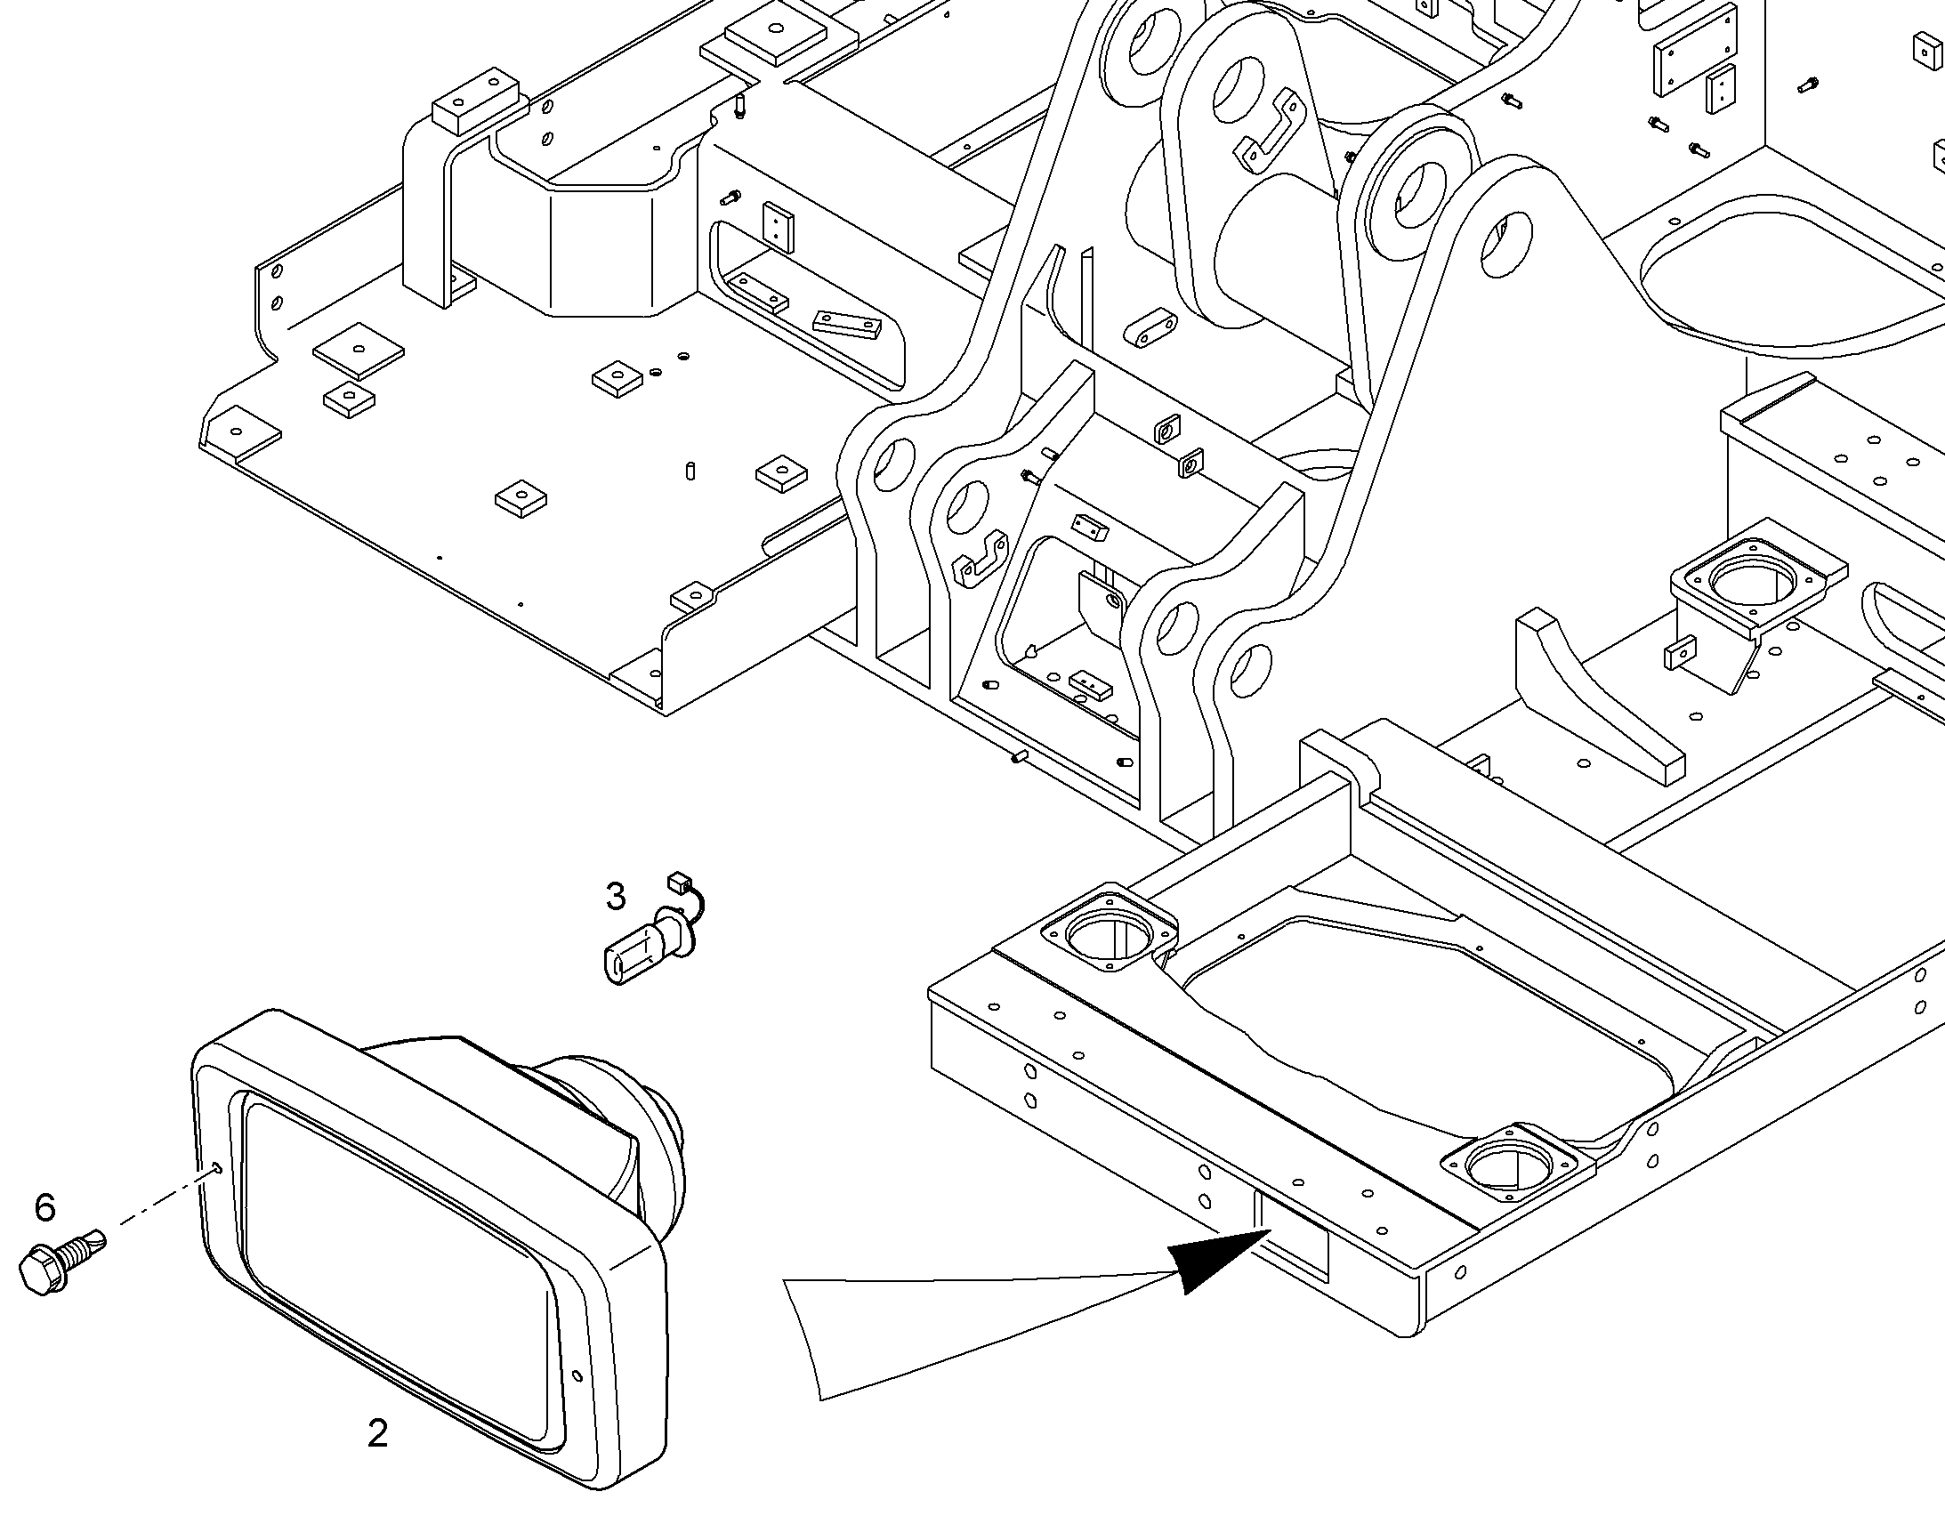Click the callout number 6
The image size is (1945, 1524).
[x=44, y=1208]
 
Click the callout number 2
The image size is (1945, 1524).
[x=378, y=1434]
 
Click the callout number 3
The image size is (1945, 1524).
[x=615, y=897]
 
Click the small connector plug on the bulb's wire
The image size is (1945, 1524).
[x=680, y=883]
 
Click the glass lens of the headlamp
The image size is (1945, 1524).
[x=401, y=1249]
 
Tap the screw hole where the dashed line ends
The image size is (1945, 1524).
[x=219, y=1168]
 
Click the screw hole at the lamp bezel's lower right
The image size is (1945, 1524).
[x=576, y=1376]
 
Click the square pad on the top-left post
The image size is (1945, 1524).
[x=475, y=98]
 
